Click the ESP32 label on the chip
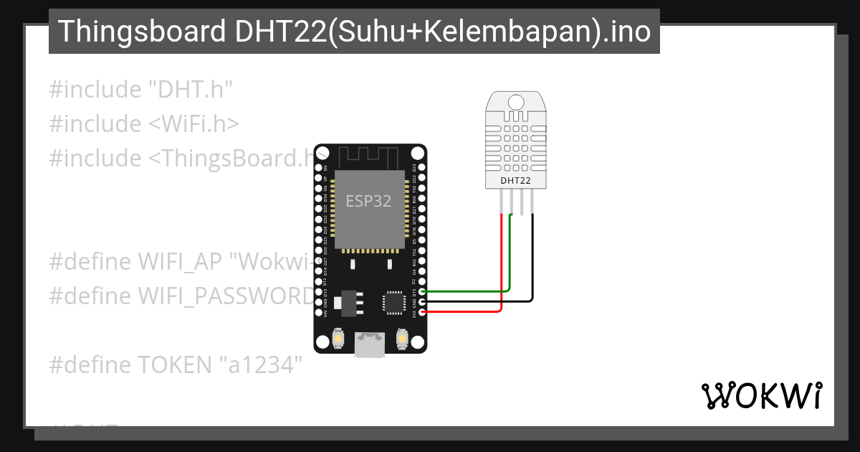point(369,202)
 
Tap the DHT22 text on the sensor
point(515,181)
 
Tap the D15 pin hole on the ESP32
point(422,292)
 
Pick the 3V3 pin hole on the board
point(422,312)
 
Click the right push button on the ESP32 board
point(401,337)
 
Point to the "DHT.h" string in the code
point(191,90)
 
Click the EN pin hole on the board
point(318,166)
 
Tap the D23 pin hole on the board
point(422,166)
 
